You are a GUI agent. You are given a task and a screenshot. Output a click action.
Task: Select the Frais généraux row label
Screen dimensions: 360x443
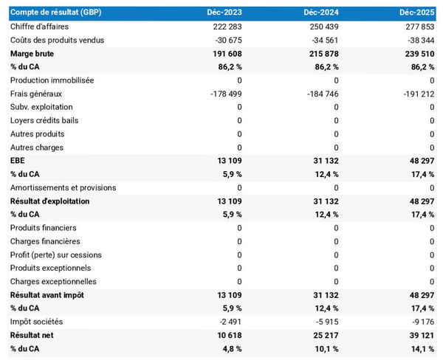point(36,94)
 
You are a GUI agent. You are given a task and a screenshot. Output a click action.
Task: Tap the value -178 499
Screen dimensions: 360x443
point(222,94)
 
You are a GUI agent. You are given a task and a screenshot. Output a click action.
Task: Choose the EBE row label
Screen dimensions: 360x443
point(18,161)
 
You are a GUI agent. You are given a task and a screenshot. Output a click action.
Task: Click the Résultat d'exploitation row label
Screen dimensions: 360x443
point(49,201)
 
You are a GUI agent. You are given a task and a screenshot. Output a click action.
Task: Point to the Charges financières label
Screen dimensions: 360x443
point(46,241)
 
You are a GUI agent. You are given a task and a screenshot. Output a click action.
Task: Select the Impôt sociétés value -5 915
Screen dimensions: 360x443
point(324,322)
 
